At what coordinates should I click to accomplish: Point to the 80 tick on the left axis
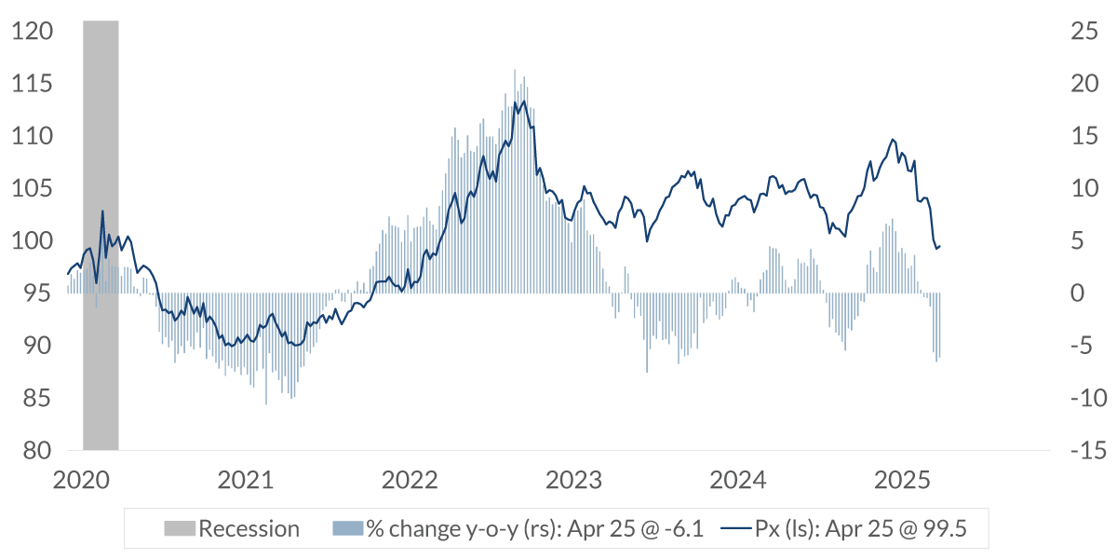coord(33,451)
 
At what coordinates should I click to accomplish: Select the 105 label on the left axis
coord(33,189)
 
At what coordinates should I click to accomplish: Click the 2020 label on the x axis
coord(80,481)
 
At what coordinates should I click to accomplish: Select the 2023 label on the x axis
coord(574,481)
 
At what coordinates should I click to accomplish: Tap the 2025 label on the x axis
coord(903,481)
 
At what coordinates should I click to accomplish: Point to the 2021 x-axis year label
coord(245,481)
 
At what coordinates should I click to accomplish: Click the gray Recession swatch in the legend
coord(180,529)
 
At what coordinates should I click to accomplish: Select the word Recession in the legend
coord(249,529)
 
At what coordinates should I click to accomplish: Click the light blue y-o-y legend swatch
coord(347,529)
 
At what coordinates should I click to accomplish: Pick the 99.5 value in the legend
coord(943,529)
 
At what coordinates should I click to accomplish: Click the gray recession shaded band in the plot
coord(101,233)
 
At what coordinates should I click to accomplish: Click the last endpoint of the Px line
coord(940,246)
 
